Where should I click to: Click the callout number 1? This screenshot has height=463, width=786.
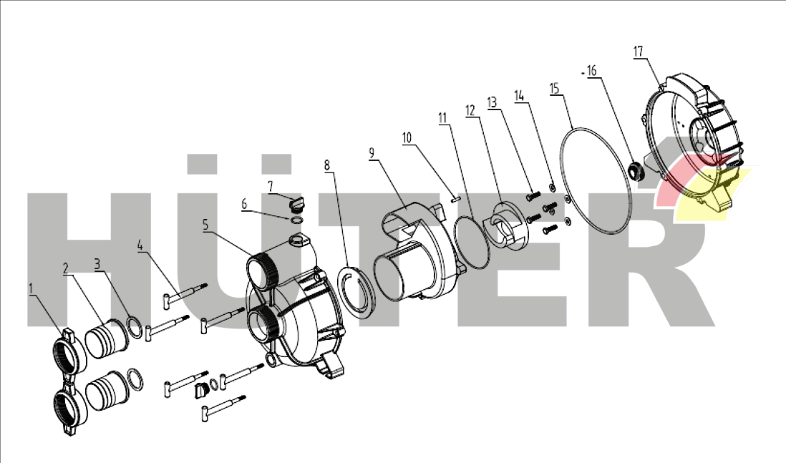point(31,288)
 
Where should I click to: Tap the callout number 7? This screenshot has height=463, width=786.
point(271,186)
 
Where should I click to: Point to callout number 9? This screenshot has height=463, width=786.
point(372,152)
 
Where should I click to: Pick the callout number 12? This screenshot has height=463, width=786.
point(470,110)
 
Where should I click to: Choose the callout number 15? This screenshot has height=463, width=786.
point(554,88)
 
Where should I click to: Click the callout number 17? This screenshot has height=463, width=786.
point(639,52)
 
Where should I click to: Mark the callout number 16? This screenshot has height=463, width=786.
point(591,72)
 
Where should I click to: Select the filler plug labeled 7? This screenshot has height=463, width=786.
point(296,205)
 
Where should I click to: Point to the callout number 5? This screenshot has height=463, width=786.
point(205,224)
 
